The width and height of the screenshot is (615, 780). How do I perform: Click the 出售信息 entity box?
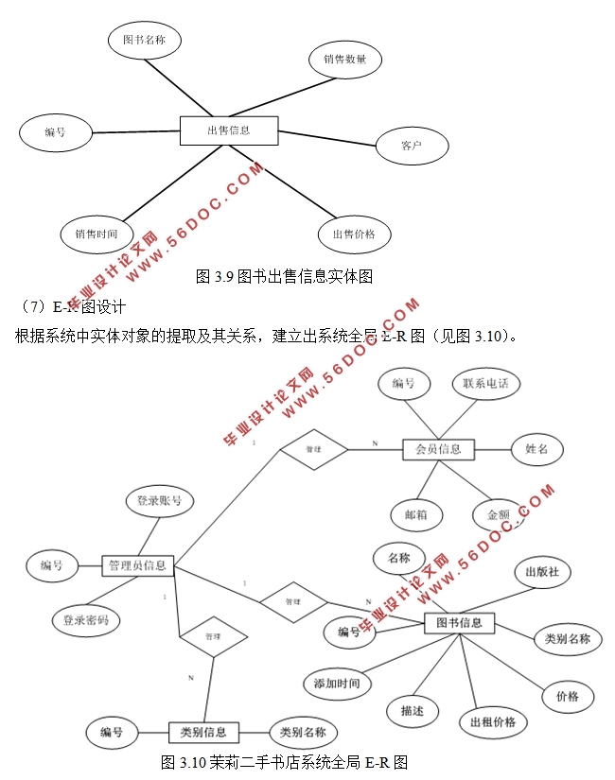point(228,130)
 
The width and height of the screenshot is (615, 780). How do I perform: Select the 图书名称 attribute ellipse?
point(144,40)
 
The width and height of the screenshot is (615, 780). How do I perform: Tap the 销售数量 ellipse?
point(345,60)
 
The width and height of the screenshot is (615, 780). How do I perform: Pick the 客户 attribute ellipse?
point(411,147)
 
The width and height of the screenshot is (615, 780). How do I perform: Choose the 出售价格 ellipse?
point(354,234)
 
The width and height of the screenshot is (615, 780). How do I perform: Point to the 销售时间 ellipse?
point(96,234)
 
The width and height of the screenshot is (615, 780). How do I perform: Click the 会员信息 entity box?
point(438,449)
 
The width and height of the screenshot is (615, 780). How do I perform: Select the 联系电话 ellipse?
point(485,384)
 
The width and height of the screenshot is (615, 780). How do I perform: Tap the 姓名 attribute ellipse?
point(536,449)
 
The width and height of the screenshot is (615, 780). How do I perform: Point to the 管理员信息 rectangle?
point(137,565)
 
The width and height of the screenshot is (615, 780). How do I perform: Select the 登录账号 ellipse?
point(160,501)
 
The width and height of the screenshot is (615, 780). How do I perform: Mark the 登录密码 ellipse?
point(86,620)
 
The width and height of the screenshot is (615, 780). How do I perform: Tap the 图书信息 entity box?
point(459,623)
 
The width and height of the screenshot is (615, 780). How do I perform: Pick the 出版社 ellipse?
point(542,572)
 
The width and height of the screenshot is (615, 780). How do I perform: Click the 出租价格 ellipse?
point(493,722)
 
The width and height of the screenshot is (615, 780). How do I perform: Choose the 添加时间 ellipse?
point(337,683)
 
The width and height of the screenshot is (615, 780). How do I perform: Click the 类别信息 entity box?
point(203,732)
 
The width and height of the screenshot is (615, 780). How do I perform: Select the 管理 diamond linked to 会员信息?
point(313,449)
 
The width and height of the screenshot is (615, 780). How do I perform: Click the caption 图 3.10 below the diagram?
point(285,761)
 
